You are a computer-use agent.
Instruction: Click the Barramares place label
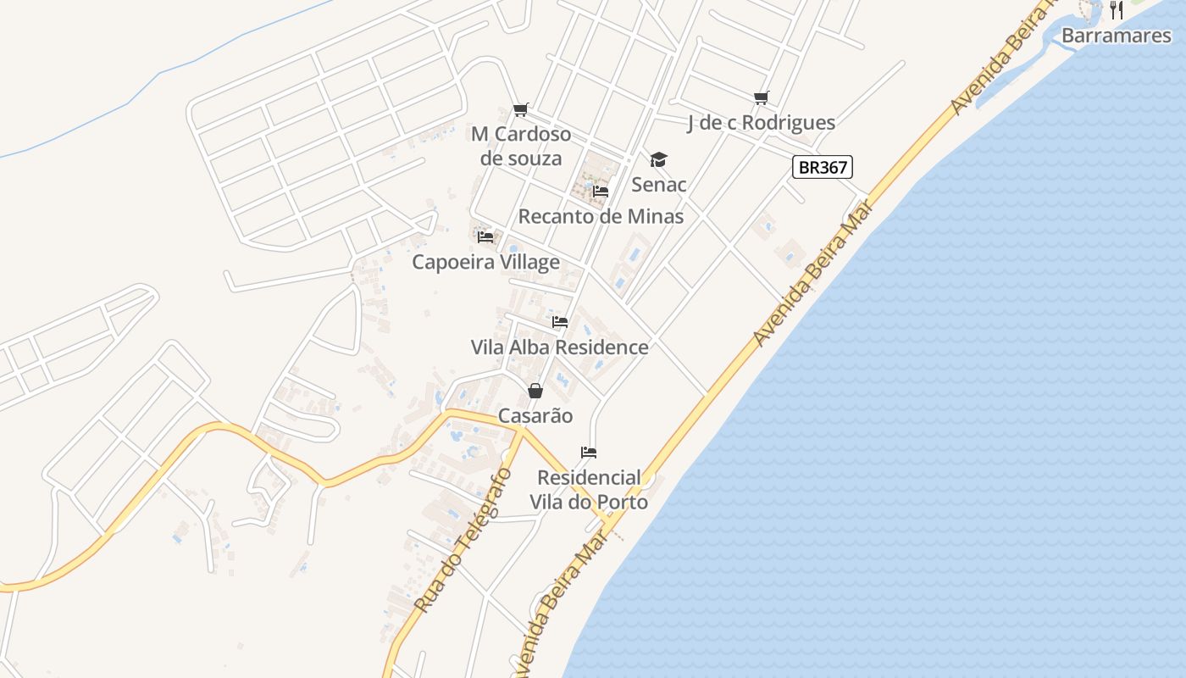tap(1116, 36)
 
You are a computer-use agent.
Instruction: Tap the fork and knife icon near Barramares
tap(1117, 10)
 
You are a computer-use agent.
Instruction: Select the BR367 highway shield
tap(823, 167)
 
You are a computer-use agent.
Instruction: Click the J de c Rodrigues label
tap(761, 123)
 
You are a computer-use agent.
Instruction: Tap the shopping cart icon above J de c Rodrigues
tap(761, 98)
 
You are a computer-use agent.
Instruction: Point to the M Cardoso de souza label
tap(521, 146)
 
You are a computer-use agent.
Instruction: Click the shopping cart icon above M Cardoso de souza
tap(521, 110)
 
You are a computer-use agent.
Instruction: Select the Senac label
tap(659, 185)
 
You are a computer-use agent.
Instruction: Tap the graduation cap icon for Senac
tap(658, 159)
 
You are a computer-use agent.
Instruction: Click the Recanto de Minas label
tap(601, 216)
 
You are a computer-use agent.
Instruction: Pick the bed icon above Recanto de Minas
tap(601, 192)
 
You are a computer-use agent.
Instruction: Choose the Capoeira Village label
tap(485, 262)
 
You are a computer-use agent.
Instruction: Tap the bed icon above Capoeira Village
tap(485, 237)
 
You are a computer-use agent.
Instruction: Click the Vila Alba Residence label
tap(559, 347)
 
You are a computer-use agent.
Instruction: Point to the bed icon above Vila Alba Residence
tap(560, 322)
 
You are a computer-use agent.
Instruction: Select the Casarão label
tap(535, 416)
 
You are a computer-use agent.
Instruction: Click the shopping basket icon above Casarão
tap(535, 391)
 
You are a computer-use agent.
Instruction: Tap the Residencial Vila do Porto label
tap(589, 490)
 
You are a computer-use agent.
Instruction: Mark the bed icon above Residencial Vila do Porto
tap(589, 453)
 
